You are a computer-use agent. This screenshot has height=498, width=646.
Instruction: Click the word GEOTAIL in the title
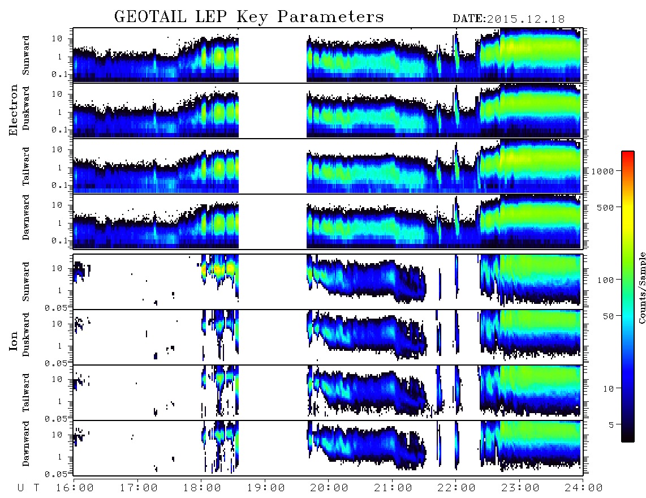(150, 17)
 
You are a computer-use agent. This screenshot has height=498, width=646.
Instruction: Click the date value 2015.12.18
(526, 19)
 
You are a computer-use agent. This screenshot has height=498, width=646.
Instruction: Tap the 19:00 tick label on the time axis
(266, 488)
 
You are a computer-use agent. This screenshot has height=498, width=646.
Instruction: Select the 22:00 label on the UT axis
(456, 488)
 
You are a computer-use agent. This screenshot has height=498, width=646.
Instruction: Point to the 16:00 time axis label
(75, 488)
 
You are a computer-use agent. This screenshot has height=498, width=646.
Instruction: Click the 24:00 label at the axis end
(584, 488)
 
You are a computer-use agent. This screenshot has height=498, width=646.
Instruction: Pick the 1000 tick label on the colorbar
(602, 171)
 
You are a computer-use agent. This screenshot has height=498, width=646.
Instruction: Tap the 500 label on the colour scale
(605, 207)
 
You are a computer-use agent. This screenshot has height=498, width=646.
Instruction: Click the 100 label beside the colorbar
(605, 280)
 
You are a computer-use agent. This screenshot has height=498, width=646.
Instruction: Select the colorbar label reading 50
(608, 316)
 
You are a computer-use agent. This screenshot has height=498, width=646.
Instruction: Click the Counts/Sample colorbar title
(641, 287)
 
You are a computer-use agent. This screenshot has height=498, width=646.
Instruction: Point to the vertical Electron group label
(14, 110)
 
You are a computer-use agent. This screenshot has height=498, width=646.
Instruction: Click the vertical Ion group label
(14, 341)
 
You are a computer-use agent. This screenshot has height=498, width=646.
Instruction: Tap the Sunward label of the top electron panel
(26, 55)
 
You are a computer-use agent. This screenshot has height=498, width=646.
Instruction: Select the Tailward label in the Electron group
(26, 166)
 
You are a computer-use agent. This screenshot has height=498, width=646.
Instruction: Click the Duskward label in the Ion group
(26, 334)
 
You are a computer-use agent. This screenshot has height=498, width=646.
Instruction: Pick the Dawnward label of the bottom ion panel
(26, 444)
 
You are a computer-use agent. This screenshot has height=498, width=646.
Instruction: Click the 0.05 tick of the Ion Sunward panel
(55, 308)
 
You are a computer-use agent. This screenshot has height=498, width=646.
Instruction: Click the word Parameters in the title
(330, 17)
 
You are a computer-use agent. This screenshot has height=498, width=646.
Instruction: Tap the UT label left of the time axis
(28, 488)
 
